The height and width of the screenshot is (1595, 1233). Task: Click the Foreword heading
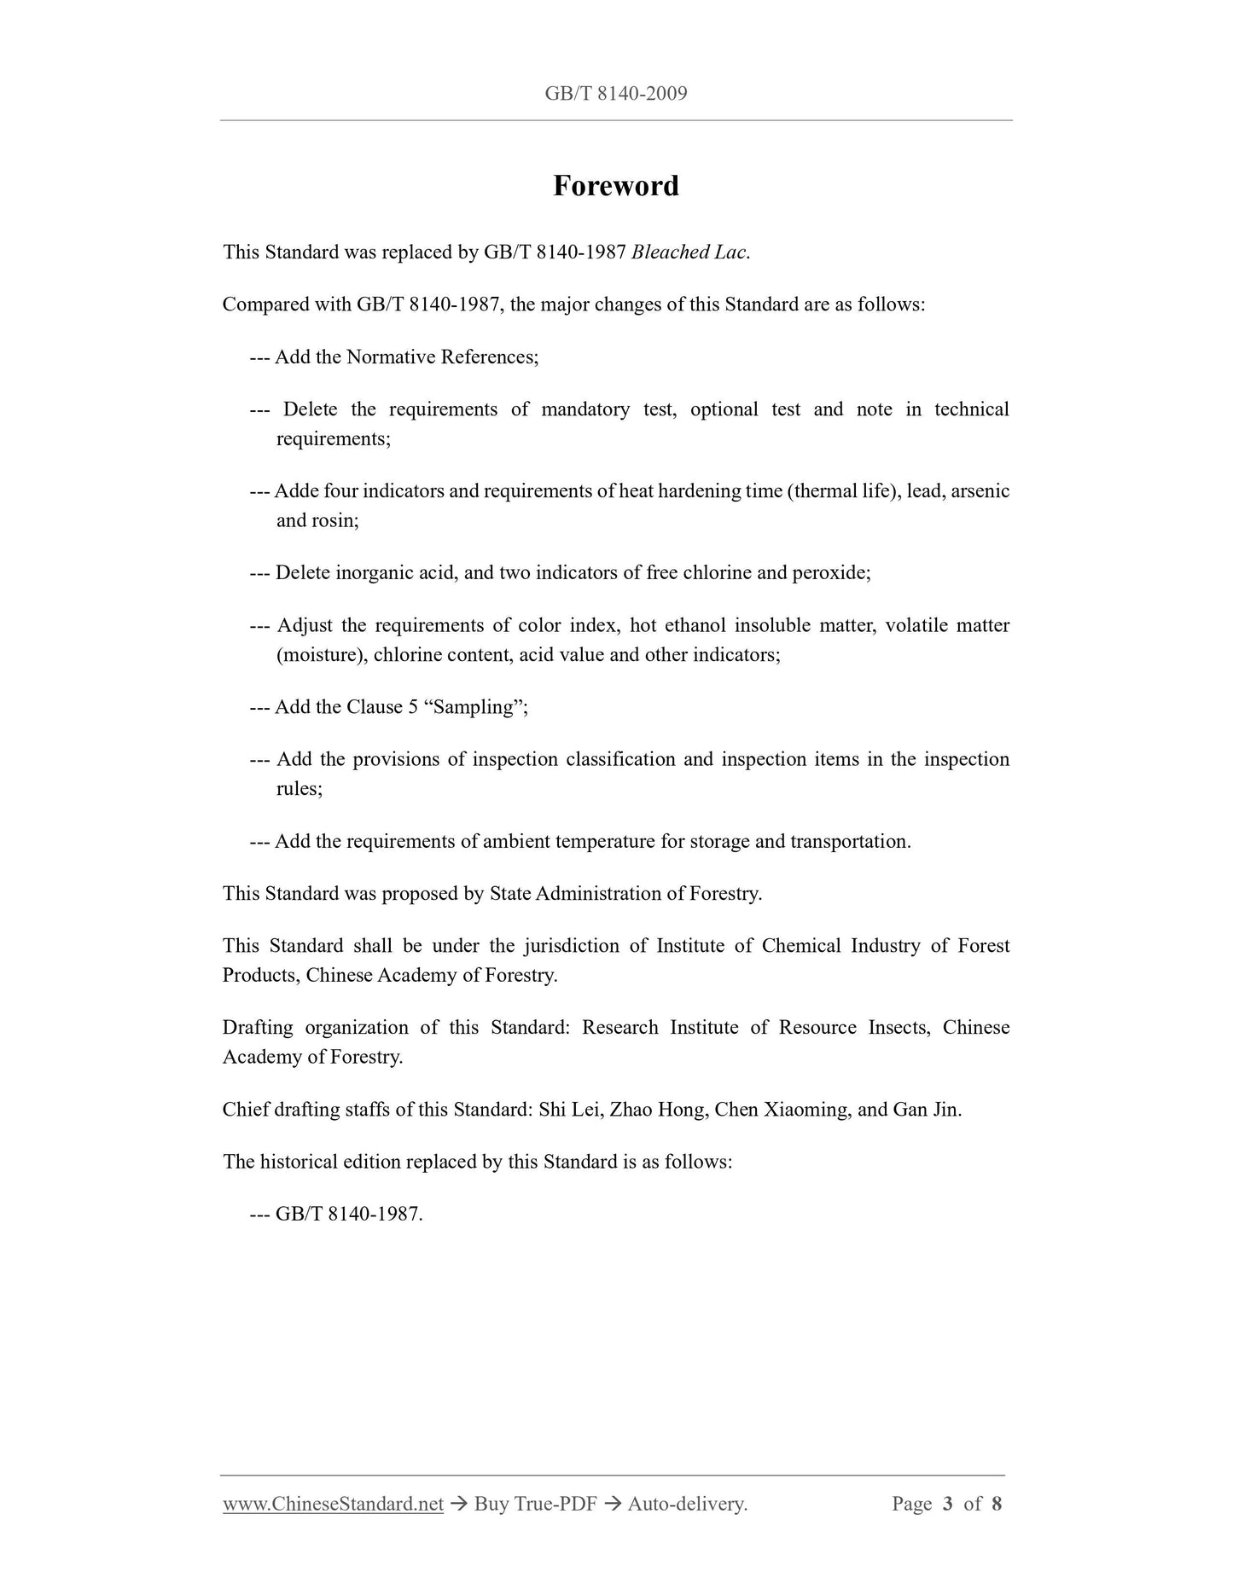click(615, 186)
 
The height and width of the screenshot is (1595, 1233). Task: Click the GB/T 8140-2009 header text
click(615, 94)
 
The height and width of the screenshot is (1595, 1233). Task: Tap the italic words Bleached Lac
click(689, 252)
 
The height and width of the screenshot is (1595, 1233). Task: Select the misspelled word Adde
click(295, 491)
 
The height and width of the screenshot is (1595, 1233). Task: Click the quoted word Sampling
click(474, 707)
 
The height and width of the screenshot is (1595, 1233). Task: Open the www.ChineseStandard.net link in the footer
click(333, 1504)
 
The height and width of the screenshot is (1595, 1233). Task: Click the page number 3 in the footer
click(947, 1504)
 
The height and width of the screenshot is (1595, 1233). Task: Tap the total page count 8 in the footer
click(997, 1504)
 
